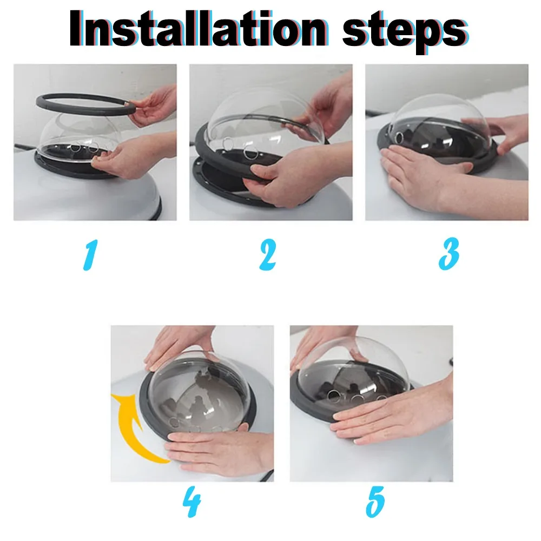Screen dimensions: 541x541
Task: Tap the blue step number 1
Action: [x=90, y=255]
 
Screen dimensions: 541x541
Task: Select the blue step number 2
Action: [x=268, y=255]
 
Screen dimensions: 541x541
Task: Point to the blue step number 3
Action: [x=448, y=254]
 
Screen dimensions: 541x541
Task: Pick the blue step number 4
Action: [x=192, y=502]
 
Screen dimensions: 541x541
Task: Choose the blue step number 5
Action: [x=375, y=502]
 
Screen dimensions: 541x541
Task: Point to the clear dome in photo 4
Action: [x=197, y=393]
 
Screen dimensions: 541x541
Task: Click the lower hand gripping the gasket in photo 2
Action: [x=296, y=176]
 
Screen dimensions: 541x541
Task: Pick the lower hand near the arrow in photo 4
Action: [x=221, y=452]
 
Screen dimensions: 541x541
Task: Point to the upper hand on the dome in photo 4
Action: [x=180, y=345]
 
